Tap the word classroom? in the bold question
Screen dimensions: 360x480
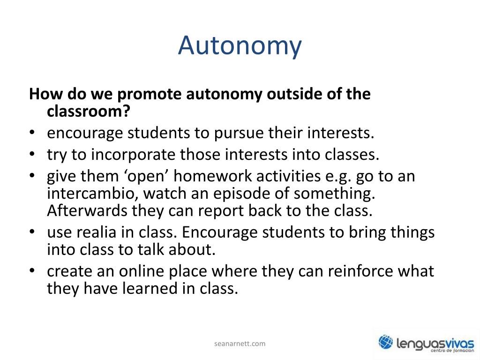tap(89, 112)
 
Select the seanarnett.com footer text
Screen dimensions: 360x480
tap(240, 344)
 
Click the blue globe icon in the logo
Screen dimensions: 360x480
tap(386, 342)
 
